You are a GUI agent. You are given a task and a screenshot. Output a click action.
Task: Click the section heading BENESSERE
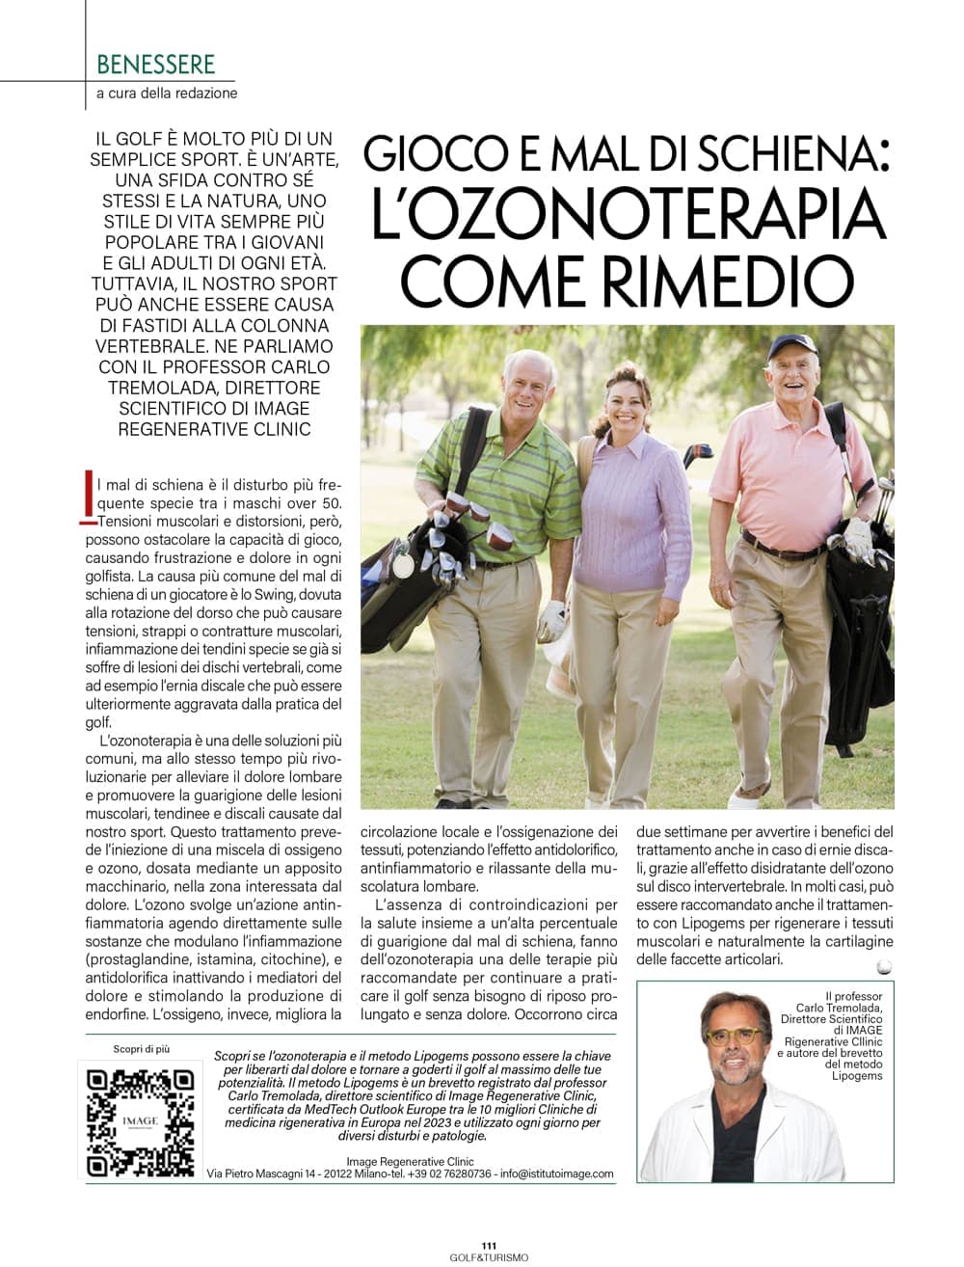tap(155, 66)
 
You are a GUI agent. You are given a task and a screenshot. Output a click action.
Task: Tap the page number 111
tap(488, 1245)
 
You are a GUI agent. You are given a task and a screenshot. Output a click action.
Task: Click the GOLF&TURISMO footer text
tap(489, 1257)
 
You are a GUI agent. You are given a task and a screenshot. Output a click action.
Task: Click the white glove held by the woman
tap(553, 616)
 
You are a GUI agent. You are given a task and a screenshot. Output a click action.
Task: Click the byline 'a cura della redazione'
tap(167, 94)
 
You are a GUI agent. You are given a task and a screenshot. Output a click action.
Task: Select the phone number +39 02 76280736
tap(449, 1173)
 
